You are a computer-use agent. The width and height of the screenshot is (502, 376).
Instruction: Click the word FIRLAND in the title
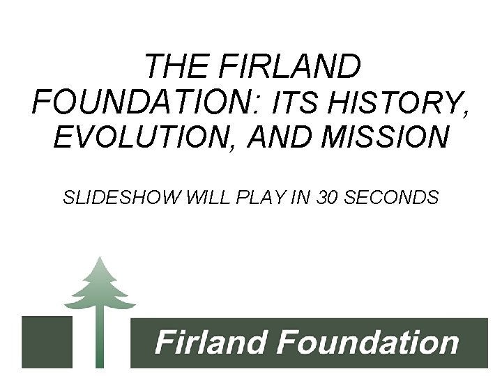coord(290,67)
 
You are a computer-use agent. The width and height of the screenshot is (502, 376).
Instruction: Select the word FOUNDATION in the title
coord(143,102)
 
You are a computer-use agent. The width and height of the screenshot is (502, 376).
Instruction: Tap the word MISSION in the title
coord(386,138)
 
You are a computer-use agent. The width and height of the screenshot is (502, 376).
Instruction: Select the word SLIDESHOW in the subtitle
coord(122,198)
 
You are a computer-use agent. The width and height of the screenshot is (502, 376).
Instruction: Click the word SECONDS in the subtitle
coord(392,198)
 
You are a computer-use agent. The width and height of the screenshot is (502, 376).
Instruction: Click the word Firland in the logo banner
coord(210,343)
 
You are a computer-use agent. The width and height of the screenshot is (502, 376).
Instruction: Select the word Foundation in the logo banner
coord(367,343)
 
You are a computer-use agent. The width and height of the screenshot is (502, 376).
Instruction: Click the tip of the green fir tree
coord(100,258)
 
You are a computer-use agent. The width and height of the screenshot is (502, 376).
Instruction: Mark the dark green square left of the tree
coord(47,342)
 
